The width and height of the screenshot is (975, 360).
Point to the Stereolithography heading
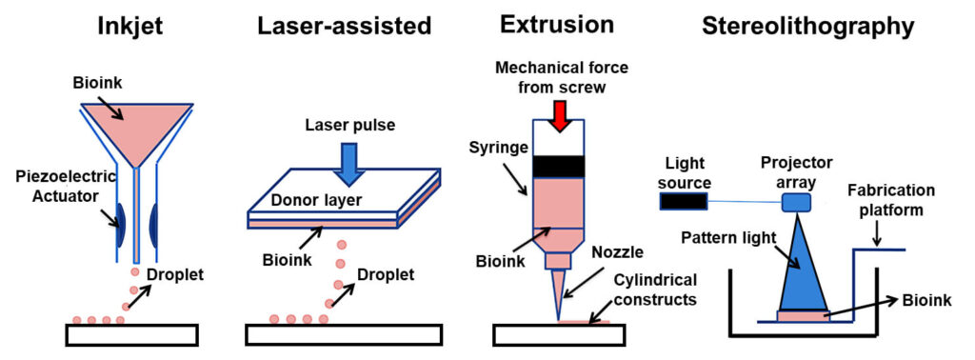808,26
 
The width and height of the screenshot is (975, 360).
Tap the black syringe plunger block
560,166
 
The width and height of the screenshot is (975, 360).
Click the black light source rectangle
683,201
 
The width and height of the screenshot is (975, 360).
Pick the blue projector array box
795,201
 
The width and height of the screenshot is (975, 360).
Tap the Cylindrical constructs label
654,290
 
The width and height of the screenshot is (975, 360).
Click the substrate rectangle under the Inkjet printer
131,334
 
